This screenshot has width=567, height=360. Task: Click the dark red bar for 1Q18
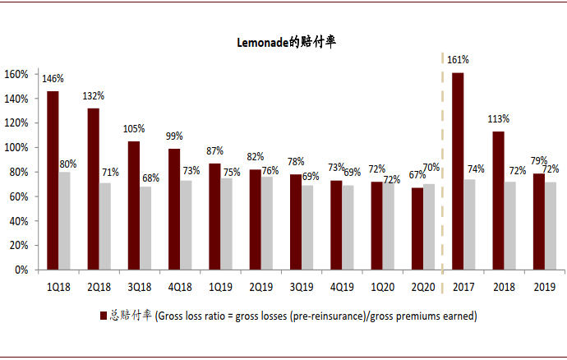coord(53,180)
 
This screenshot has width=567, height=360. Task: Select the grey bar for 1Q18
coord(64,220)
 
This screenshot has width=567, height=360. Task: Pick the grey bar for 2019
coord(550,225)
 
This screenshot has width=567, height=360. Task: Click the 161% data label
coord(458,60)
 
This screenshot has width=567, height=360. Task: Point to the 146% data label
coord(53,79)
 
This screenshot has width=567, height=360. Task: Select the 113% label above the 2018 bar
coord(498,118)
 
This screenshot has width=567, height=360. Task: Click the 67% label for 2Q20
coord(418,175)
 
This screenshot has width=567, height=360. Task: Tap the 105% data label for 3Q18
coord(134,129)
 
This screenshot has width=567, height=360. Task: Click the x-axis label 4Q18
coord(180,287)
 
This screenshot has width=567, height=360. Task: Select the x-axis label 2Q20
coord(422,287)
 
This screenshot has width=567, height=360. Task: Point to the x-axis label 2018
coord(503,287)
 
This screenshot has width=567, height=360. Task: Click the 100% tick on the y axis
coord(17,147)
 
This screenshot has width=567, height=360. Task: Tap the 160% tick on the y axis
coord(17,74)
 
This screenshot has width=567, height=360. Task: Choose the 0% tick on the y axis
coord(22,270)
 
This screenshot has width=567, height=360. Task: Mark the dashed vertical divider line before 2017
coord(443,164)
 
